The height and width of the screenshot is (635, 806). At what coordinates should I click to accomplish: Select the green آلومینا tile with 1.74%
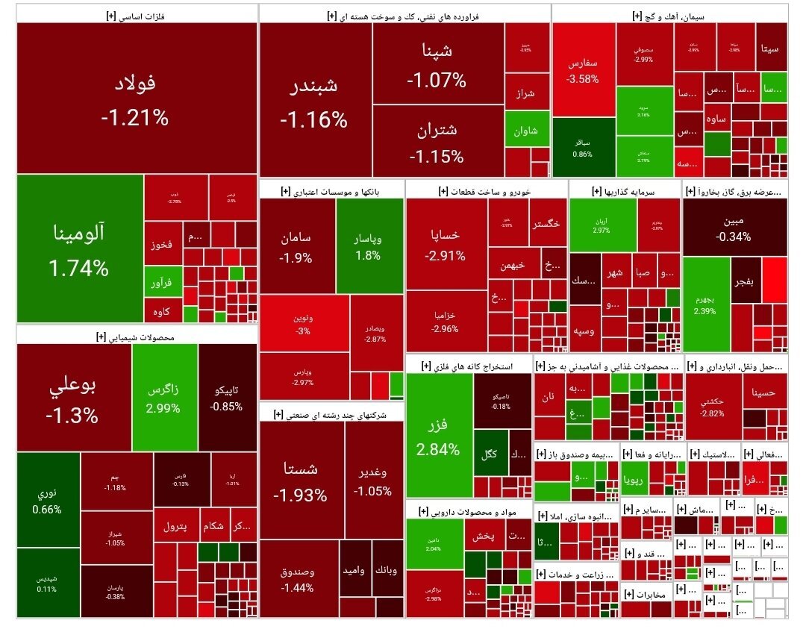pos(79,249)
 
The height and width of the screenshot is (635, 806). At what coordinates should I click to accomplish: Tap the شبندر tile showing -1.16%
pos(314,101)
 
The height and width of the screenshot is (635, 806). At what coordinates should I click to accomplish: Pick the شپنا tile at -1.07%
pos(437,64)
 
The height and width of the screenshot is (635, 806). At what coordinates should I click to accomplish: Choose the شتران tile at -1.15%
pos(437,142)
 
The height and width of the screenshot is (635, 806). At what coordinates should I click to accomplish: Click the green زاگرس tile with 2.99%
pos(164,398)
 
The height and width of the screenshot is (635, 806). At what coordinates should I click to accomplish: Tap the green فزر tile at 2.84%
pos(439,437)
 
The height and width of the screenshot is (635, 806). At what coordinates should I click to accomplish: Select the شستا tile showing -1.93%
pos(301,481)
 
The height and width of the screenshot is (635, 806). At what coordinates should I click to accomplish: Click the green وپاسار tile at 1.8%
pos(368,246)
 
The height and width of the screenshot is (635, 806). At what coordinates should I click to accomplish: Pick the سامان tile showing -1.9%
pos(296,246)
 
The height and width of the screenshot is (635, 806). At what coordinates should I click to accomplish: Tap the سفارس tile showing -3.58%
pos(583,70)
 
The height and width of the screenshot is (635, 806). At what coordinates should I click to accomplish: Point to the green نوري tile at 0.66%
pos(48,500)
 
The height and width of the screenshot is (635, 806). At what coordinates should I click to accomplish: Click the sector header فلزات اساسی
pos(137,13)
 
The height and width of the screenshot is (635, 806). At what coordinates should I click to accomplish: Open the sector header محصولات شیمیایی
pos(137,337)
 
